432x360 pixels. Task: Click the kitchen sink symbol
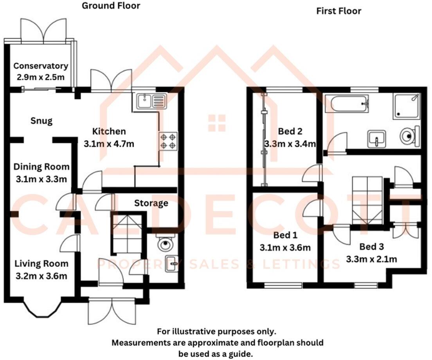point(151,102)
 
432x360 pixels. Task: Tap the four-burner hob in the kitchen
point(167,141)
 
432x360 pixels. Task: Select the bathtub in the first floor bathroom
point(349,104)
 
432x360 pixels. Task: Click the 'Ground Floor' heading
point(111,6)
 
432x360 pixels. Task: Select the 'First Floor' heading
point(338,11)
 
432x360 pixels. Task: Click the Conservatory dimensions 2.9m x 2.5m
point(41,77)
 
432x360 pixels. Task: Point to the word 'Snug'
point(41,121)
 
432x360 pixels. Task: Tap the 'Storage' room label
point(151,203)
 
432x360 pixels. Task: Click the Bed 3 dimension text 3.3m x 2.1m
point(372,259)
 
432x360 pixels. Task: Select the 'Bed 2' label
point(290,131)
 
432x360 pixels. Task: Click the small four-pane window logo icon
point(216,123)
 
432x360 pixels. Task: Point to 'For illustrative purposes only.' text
point(216,331)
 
